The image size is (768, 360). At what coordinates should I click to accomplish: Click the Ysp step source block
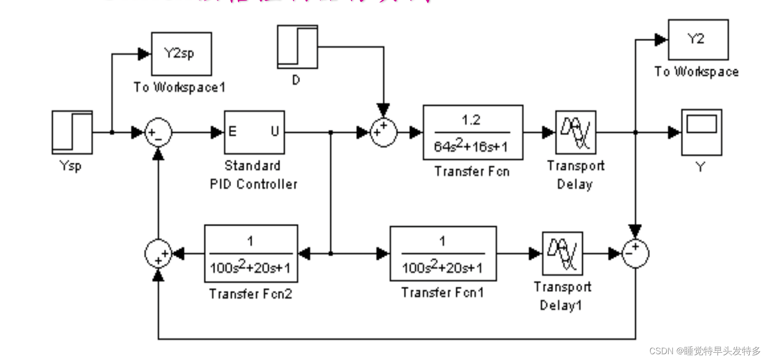click(72, 132)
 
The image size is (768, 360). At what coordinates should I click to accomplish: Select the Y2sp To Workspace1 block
click(181, 54)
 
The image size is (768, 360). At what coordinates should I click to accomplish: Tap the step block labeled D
click(297, 47)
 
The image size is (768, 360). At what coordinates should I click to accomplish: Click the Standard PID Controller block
click(254, 132)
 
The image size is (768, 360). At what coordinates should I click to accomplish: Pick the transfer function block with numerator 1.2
click(473, 132)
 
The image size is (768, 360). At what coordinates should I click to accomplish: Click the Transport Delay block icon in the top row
click(576, 132)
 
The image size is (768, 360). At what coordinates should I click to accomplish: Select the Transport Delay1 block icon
click(562, 253)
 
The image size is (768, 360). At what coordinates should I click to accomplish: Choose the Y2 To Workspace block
click(698, 40)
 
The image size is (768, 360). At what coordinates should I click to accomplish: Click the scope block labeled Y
click(701, 132)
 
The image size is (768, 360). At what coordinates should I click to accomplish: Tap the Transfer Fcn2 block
click(251, 253)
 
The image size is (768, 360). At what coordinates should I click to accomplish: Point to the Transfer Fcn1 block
click(443, 253)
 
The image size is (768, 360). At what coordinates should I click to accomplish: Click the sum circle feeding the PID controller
click(158, 132)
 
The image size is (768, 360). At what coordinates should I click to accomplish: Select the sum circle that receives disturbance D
click(384, 132)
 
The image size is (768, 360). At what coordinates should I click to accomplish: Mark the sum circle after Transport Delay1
click(635, 253)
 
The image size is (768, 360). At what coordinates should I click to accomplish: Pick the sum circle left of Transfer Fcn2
click(158, 253)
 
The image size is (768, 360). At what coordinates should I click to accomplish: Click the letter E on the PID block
click(233, 131)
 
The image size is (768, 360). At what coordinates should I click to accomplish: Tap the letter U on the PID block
click(275, 131)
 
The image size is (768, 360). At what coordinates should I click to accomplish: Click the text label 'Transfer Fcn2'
click(251, 294)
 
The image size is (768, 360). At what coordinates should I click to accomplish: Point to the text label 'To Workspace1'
click(179, 87)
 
